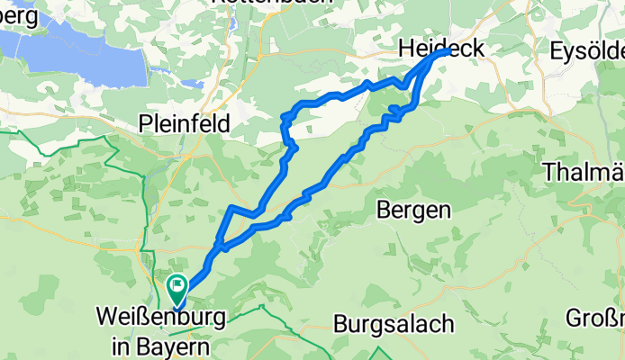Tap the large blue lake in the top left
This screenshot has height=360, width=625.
(86, 54)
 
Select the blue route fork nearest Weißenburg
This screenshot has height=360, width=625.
(219, 244)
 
